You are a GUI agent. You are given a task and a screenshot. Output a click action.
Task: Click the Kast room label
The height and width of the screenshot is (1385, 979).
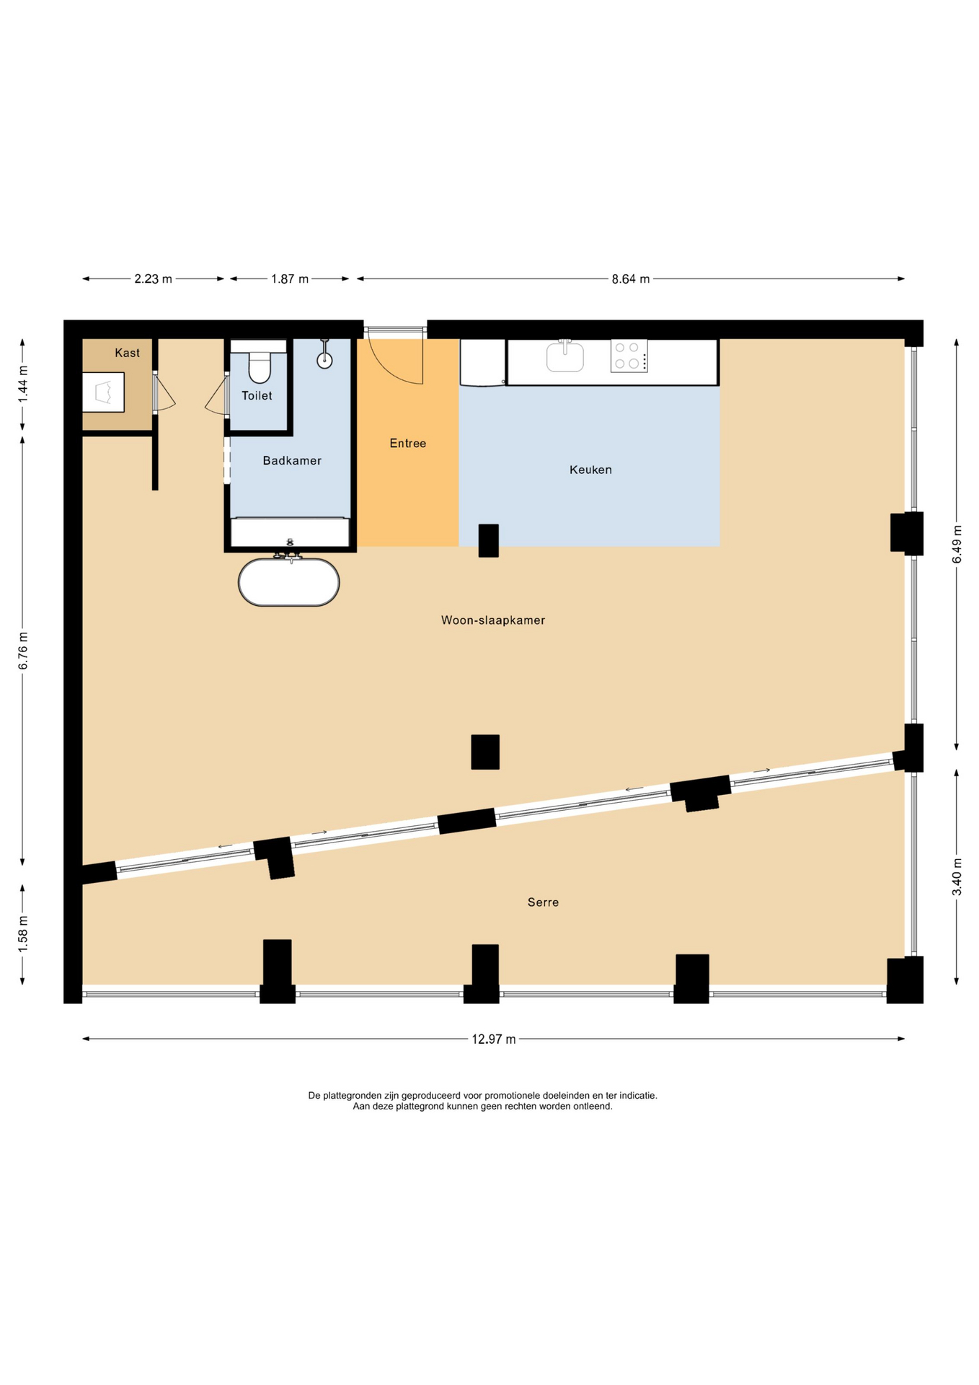pos(128,353)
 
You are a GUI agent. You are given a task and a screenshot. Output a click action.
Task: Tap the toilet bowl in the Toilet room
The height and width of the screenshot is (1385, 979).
pos(260,366)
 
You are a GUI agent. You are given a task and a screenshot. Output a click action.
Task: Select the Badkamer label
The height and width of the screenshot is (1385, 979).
pos(292,460)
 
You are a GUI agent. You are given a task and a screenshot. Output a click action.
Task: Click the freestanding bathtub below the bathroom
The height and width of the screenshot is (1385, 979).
pos(288,581)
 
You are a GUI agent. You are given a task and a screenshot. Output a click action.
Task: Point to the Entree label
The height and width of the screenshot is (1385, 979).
pos(408,443)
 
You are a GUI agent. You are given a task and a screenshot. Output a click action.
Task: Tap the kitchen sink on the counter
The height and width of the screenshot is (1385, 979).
pos(565,356)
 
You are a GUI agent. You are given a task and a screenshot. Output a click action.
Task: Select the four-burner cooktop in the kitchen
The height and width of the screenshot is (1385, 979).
pos(629,356)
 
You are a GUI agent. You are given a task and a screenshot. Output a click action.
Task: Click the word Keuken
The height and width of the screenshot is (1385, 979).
pos(590,470)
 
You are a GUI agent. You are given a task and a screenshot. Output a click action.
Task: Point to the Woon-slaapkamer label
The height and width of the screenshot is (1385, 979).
pos(493,620)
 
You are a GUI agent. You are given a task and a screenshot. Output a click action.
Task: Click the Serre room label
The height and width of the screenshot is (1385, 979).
pos(543,902)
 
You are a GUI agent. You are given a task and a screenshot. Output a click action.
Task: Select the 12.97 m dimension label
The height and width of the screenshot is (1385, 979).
pos(494,1039)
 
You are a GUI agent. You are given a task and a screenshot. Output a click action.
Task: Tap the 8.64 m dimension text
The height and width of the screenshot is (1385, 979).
pos(631,279)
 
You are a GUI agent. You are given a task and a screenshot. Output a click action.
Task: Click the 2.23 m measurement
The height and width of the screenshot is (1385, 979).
pos(153,279)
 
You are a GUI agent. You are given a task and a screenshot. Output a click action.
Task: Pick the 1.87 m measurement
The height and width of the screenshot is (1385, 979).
pos(290,279)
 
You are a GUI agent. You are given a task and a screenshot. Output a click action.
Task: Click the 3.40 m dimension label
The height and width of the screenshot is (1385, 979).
pos(957,876)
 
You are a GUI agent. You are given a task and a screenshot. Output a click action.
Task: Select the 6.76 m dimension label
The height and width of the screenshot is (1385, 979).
pos(23,651)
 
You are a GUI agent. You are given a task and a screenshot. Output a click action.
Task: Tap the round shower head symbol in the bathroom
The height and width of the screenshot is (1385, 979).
pos(324,361)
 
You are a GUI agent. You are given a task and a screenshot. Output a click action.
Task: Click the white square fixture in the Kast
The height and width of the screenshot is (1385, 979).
pos(103,392)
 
